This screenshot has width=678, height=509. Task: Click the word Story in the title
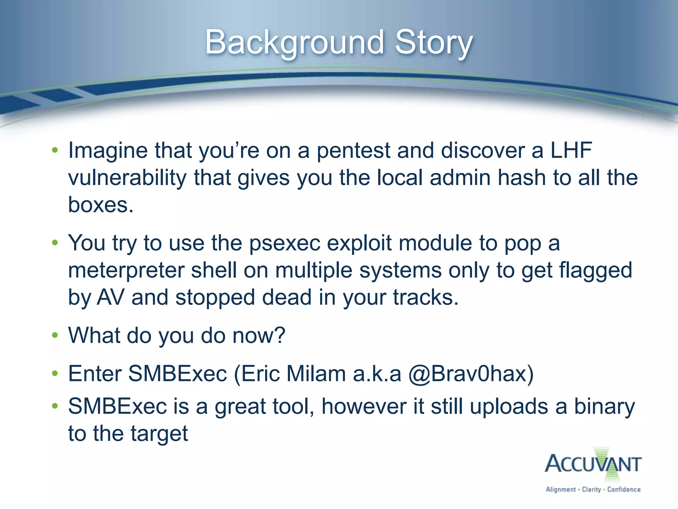click(434, 42)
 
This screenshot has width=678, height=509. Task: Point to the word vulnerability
click(127, 178)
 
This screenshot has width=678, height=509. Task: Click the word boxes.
click(100, 204)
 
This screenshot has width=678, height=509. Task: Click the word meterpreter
click(126, 270)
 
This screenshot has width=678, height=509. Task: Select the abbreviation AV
click(111, 297)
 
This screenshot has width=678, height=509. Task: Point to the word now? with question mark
click(259, 335)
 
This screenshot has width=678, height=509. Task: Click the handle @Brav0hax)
click(471, 374)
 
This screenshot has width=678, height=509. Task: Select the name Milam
click(316, 373)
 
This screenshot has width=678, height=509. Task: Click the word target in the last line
click(159, 433)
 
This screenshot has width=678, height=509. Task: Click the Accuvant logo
click(593, 464)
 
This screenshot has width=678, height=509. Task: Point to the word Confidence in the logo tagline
click(624, 489)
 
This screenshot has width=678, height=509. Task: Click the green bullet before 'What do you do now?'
click(55, 335)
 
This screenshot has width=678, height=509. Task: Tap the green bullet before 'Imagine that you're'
click(55, 150)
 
